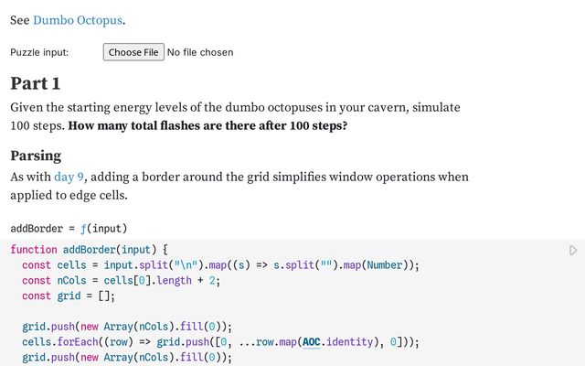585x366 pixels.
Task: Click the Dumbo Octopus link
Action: [x=79, y=20]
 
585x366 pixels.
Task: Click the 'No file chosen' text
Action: [x=199, y=52]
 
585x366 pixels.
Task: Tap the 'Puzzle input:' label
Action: [x=39, y=52]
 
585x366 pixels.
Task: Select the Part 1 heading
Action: [x=35, y=83]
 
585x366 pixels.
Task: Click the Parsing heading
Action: [x=36, y=155]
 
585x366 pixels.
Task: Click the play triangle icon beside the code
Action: [x=573, y=250]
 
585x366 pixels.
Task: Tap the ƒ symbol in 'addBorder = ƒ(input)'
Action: [x=83, y=228]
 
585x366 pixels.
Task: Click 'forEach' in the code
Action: [x=84, y=342]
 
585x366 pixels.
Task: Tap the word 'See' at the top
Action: [x=20, y=20]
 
